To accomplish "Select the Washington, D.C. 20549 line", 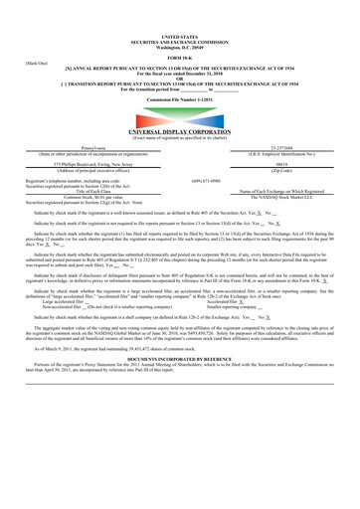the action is [x=180, y=20].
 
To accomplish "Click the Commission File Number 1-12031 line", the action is [x=180, y=75].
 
